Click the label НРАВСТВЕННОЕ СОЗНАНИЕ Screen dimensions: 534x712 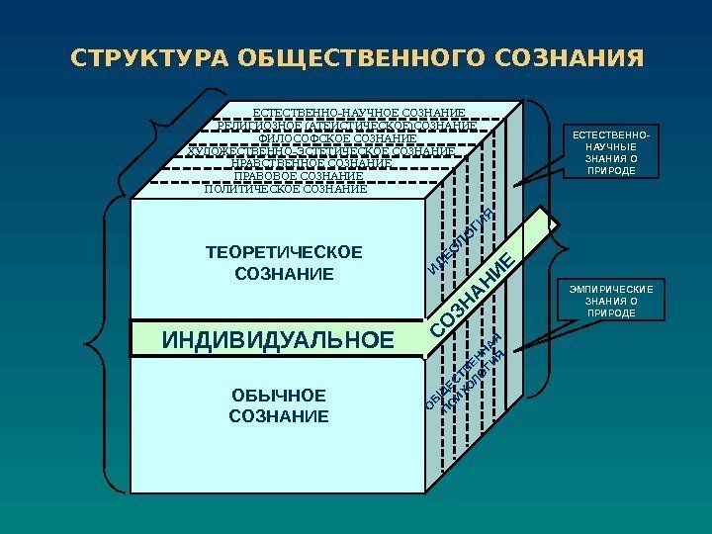(x=311, y=163)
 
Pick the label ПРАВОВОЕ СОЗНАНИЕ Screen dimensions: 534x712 (x=298, y=176)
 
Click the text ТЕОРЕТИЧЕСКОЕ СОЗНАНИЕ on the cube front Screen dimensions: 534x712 (x=284, y=262)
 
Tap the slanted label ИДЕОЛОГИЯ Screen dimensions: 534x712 (x=461, y=237)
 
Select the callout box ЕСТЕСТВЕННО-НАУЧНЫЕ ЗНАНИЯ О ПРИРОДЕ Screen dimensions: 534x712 (x=612, y=152)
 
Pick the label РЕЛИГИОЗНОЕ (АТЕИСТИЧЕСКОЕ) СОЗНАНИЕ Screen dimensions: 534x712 (x=345, y=126)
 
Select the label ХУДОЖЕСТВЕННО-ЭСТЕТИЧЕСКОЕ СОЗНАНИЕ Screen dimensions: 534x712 (x=320, y=151)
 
